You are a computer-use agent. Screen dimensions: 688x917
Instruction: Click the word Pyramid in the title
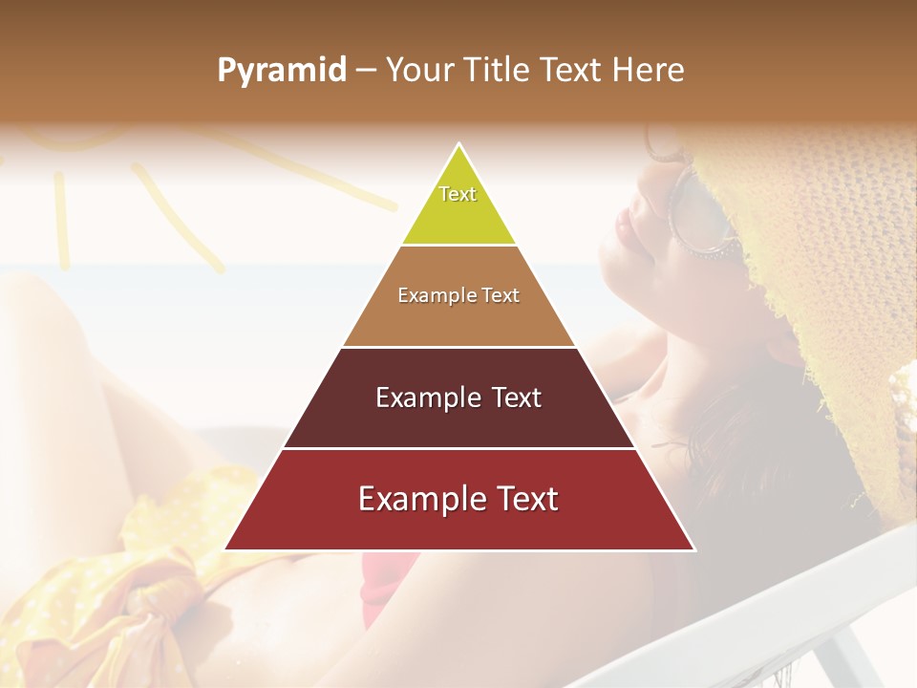click(282, 70)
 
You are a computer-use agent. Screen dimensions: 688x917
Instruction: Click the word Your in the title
click(418, 70)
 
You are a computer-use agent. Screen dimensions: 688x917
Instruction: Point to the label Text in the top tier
click(458, 194)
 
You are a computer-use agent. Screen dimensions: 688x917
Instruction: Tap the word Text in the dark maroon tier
click(516, 398)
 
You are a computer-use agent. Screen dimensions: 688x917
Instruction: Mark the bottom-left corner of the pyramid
click(226, 549)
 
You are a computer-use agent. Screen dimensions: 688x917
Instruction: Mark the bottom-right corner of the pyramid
click(693, 549)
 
